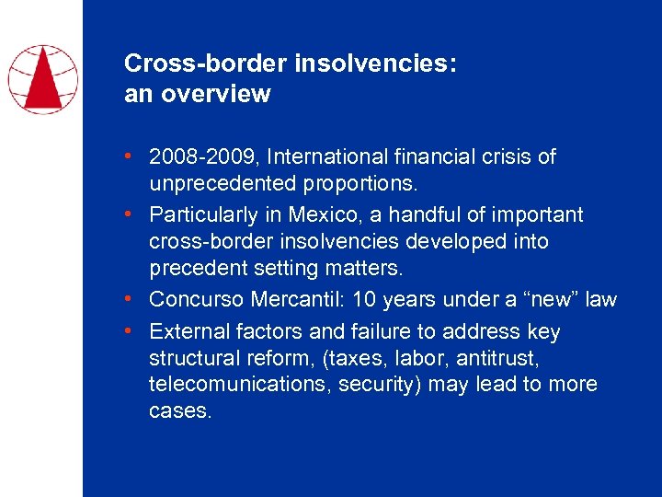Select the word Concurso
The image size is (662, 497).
tap(196, 300)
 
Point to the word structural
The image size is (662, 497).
tap(195, 358)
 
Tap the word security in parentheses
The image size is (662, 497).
tap(375, 385)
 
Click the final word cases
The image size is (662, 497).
tap(180, 411)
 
